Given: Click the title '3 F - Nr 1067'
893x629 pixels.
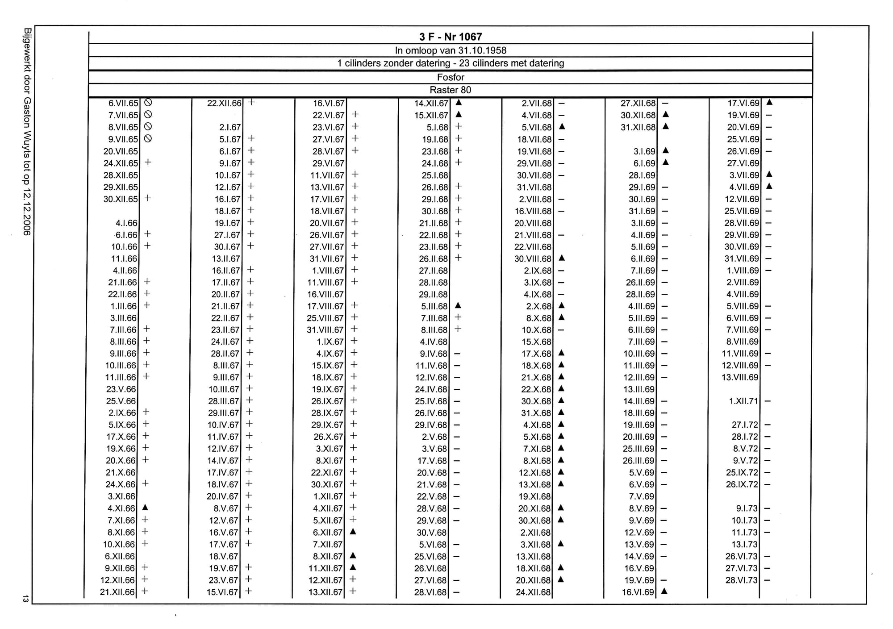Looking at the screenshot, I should click(x=451, y=37).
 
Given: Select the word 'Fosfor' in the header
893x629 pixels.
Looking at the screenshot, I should click(x=451, y=77).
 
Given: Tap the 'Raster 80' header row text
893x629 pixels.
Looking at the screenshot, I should click(x=451, y=90).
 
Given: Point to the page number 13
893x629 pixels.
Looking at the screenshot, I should click(x=26, y=599).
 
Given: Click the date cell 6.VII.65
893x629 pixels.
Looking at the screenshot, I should click(x=123, y=103).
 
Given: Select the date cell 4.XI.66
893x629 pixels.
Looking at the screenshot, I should click(x=121, y=508).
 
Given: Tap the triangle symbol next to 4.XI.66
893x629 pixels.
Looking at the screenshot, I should click(x=145, y=508).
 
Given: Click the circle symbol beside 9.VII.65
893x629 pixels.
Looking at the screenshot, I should click(x=148, y=139).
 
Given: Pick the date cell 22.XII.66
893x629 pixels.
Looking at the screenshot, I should click(x=224, y=103).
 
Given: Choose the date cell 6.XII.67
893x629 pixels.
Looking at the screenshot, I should click(x=328, y=533).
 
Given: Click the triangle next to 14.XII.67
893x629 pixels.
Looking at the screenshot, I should click(x=458, y=103).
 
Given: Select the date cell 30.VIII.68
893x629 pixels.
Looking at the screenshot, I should click(x=533, y=259).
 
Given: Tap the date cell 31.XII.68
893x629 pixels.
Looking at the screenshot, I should click(x=638, y=127).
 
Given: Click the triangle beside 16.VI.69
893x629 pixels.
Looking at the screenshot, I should click(x=664, y=592).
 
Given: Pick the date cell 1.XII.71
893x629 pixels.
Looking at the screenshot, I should click(x=743, y=401).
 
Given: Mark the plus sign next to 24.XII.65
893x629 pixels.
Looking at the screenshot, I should click(x=148, y=162).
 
